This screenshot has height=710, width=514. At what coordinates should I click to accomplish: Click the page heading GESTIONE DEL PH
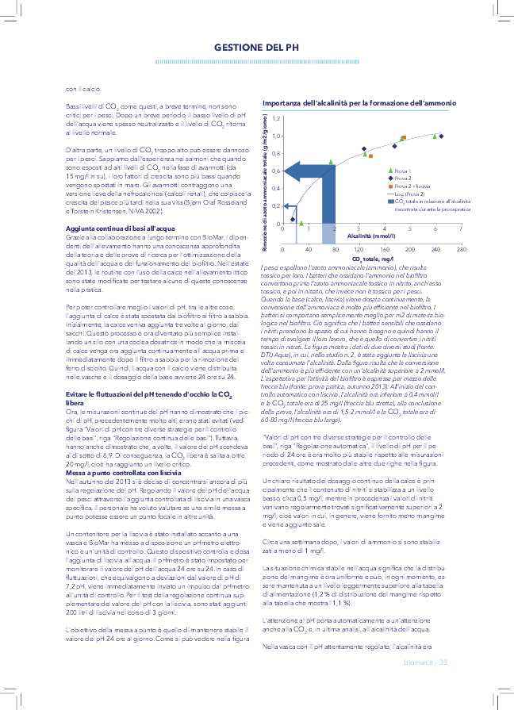pos(256,48)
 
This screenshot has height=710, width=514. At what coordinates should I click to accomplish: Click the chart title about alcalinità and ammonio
pos(359,103)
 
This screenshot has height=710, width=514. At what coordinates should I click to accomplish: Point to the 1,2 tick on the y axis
pos(276,118)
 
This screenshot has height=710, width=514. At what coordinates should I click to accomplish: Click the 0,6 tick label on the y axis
pos(276,171)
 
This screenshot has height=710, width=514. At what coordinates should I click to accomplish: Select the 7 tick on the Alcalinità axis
pos(461,228)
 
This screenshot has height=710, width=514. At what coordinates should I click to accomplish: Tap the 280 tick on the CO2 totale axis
pos(461,248)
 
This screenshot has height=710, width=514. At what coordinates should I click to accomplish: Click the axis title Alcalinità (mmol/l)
pos(371,236)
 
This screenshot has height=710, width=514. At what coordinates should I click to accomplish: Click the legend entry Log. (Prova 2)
pos(410,193)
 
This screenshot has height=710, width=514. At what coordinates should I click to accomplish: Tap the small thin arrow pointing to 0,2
pos(286,205)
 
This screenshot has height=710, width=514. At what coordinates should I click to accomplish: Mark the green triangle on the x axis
pos(301,223)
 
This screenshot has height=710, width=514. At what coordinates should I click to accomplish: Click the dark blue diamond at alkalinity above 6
pos(441,136)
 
